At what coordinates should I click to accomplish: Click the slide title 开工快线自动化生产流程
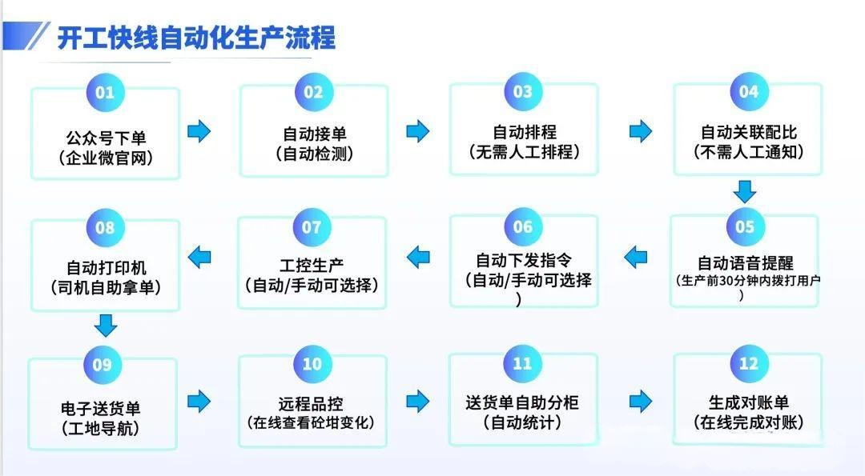(x=196, y=37)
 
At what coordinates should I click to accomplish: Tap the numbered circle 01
(x=106, y=92)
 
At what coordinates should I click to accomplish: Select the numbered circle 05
(x=745, y=227)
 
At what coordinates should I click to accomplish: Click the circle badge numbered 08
(x=106, y=228)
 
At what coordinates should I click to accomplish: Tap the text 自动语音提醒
(x=746, y=262)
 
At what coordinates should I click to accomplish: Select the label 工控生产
(x=312, y=265)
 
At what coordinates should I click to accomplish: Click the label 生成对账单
(x=748, y=402)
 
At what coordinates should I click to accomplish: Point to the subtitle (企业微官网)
(x=106, y=157)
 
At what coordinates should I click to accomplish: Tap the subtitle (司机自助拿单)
(x=106, y=286)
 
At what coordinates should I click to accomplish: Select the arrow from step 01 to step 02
(x=199, y=131)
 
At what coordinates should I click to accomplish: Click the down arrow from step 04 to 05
(x=746, y=191)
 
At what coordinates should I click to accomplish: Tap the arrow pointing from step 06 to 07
(x=418, y=257)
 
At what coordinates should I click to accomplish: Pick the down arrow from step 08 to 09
(x=106, y=325)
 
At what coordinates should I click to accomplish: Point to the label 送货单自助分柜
(x=522, y=402)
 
